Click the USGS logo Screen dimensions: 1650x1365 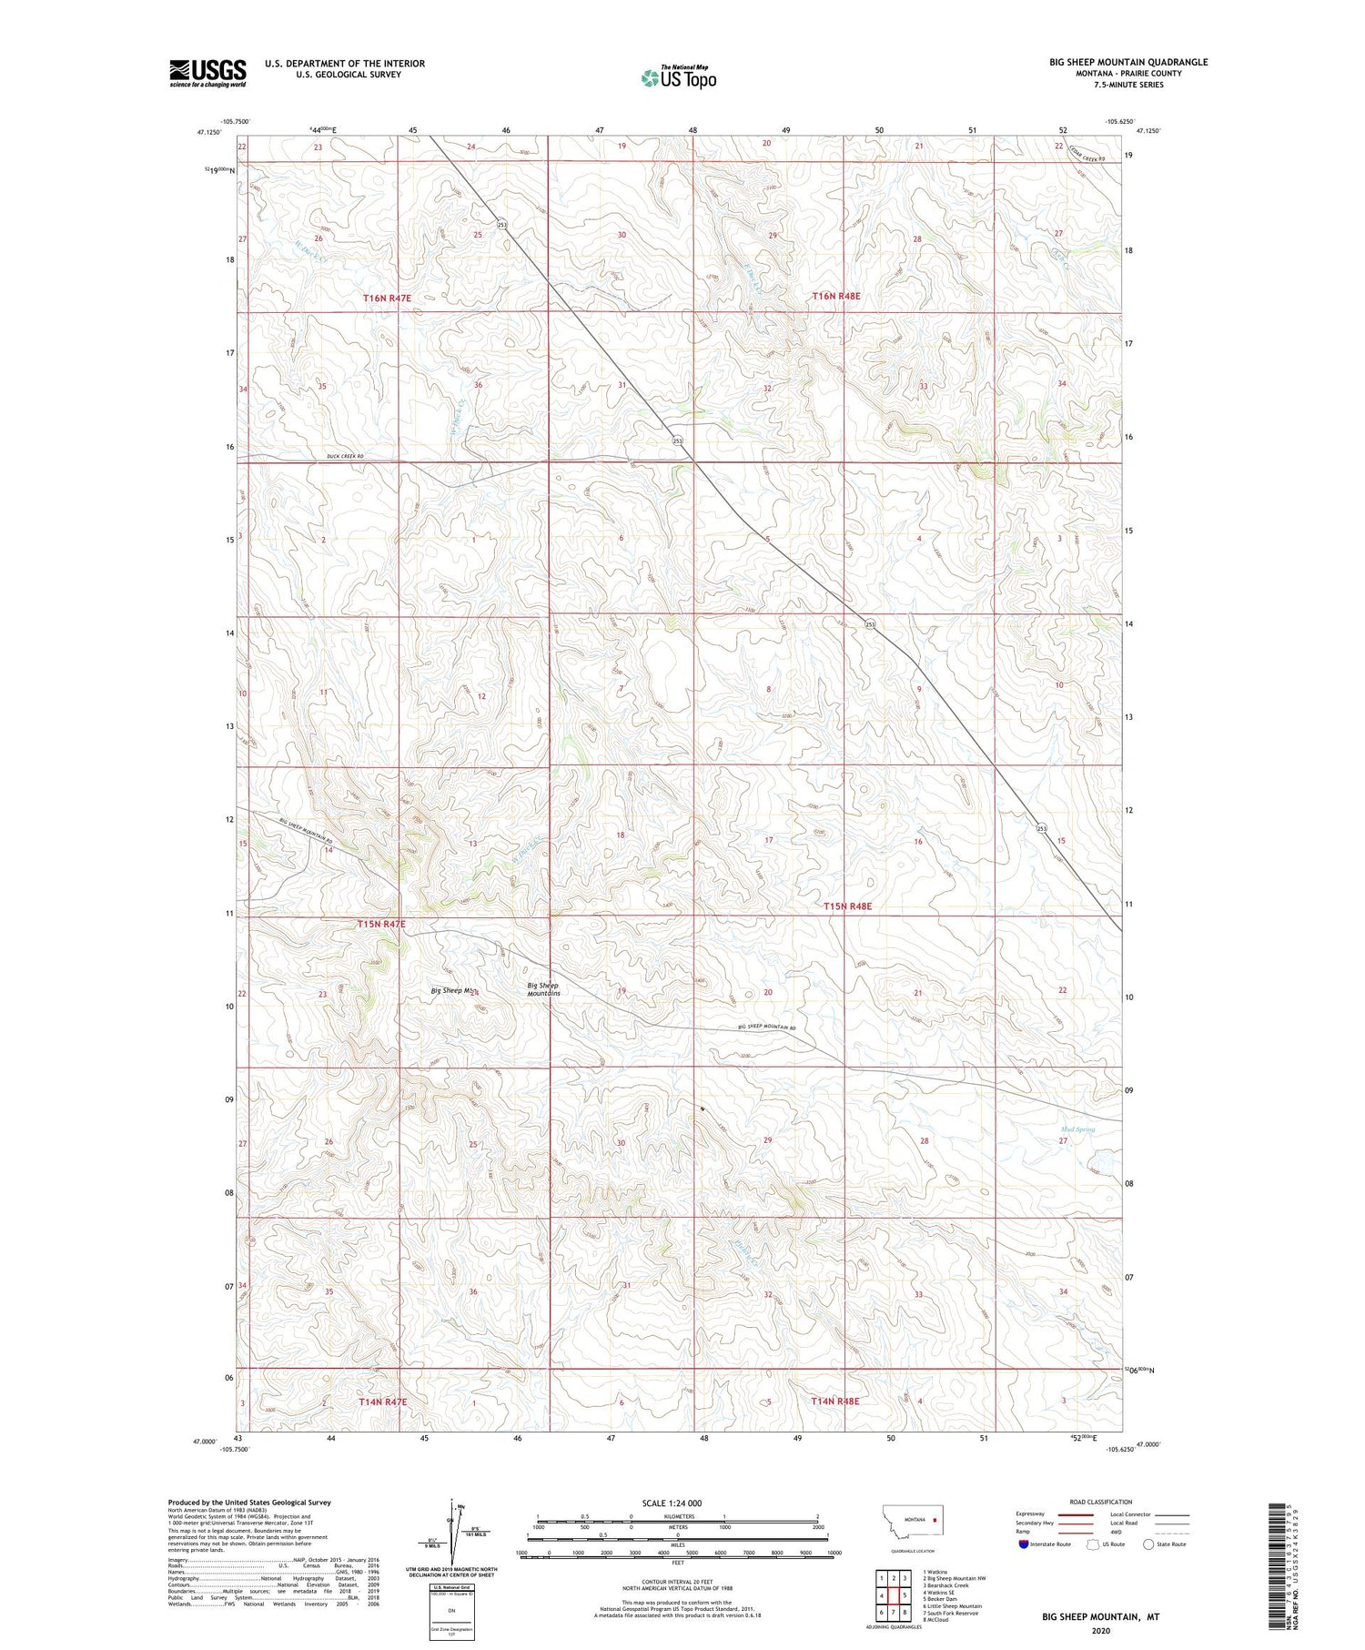tap(207, 73)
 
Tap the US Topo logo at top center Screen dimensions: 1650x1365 tap(678, 78)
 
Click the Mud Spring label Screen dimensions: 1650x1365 tap(1077, 1129)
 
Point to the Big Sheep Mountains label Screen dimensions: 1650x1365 tap(543, 989)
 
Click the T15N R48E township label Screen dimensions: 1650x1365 tap(847, 906)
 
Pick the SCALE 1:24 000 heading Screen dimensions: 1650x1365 tap(672, 1503)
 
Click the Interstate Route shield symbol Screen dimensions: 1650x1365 tap(1024, 1544)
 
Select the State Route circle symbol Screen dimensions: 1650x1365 tap(1149, 1544)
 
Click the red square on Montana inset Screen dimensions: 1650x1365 tap(934, 1519)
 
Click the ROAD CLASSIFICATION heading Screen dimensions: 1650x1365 tap(1101, 1503)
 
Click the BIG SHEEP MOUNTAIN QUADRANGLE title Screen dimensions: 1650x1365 tap(1128, 62)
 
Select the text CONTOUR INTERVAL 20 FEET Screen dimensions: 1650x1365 tap(678, 1583)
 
